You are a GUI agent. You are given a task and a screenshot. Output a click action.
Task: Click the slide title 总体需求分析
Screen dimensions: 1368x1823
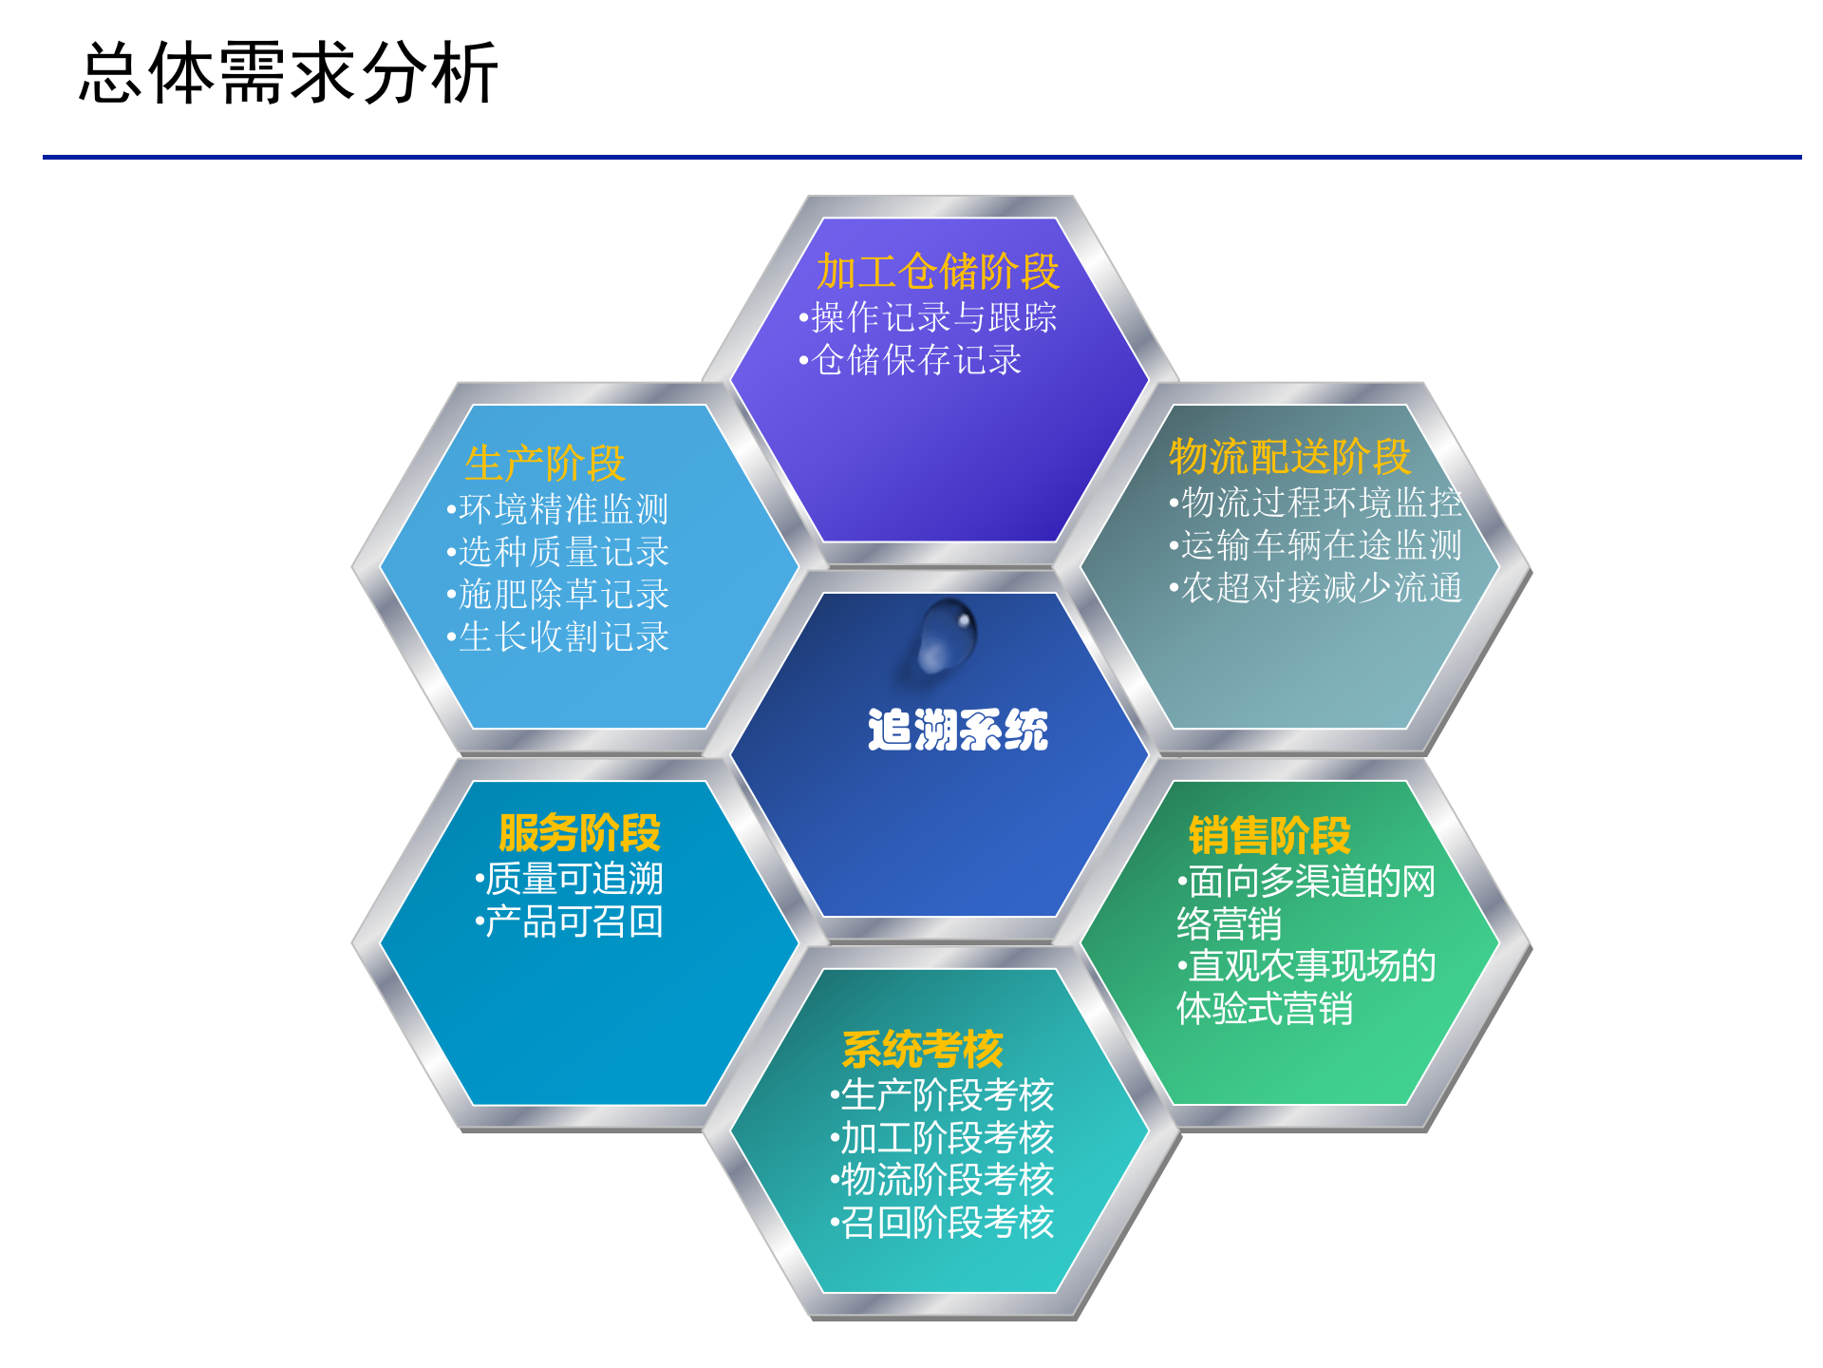(289, 72)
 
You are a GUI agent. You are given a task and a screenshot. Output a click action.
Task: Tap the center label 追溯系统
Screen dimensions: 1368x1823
(957, 730)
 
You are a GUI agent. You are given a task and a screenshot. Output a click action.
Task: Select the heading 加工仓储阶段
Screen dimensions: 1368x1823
(937, 272)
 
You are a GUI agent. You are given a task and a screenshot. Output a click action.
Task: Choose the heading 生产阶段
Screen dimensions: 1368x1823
(545, 464)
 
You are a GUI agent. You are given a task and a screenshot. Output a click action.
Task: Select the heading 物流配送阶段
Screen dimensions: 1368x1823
(1289, 456)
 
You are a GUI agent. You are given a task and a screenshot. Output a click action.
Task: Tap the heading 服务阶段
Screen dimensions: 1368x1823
(579, 833)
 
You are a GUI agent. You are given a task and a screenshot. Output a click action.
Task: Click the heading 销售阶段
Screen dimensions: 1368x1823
(1269, 835)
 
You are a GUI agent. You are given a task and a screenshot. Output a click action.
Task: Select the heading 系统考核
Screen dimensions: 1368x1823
(922, 1050)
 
